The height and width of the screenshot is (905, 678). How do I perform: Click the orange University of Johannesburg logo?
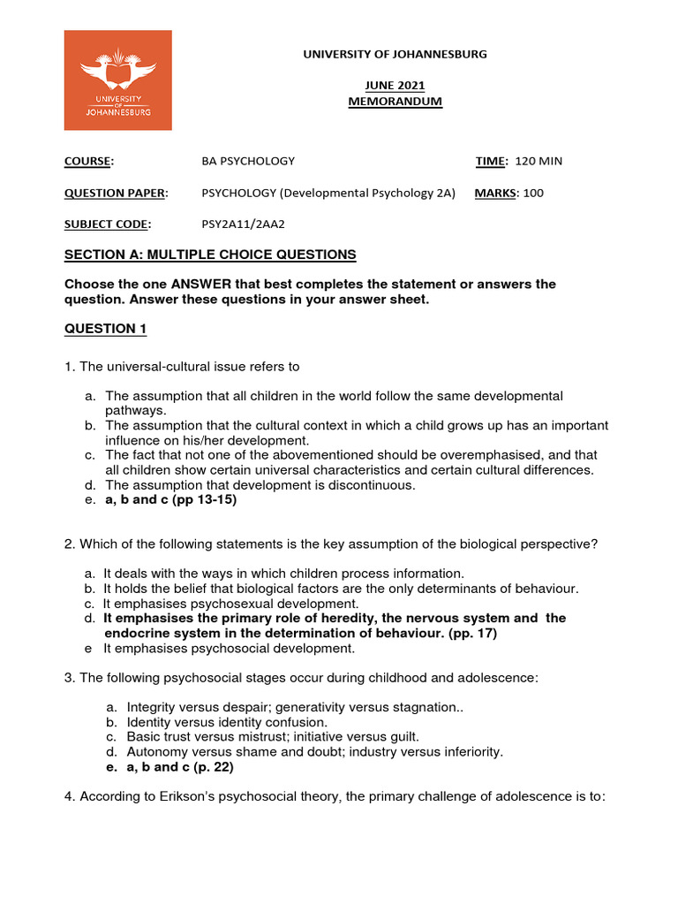coord(117,80)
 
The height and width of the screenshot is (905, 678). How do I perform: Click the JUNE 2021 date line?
coord(395,86)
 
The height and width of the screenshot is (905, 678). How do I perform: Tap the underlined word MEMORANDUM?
coord(395,102)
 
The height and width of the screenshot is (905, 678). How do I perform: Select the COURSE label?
coord(88,161)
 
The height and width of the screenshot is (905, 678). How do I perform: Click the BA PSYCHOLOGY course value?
coord(248,161)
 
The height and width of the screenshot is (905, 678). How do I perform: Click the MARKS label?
coord(495,193)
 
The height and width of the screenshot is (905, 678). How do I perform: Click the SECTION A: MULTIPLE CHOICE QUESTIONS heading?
coord(210,255)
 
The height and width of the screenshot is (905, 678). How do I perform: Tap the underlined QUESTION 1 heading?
coord(105,329)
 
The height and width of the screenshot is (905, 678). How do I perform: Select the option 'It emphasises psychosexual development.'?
coord(230,603)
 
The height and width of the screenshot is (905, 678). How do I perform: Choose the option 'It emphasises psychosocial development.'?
coord(229,648)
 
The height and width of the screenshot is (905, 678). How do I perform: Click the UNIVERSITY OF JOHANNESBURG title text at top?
coord(395,54)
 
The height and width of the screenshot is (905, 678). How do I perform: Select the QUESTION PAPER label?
coord(115,193)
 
